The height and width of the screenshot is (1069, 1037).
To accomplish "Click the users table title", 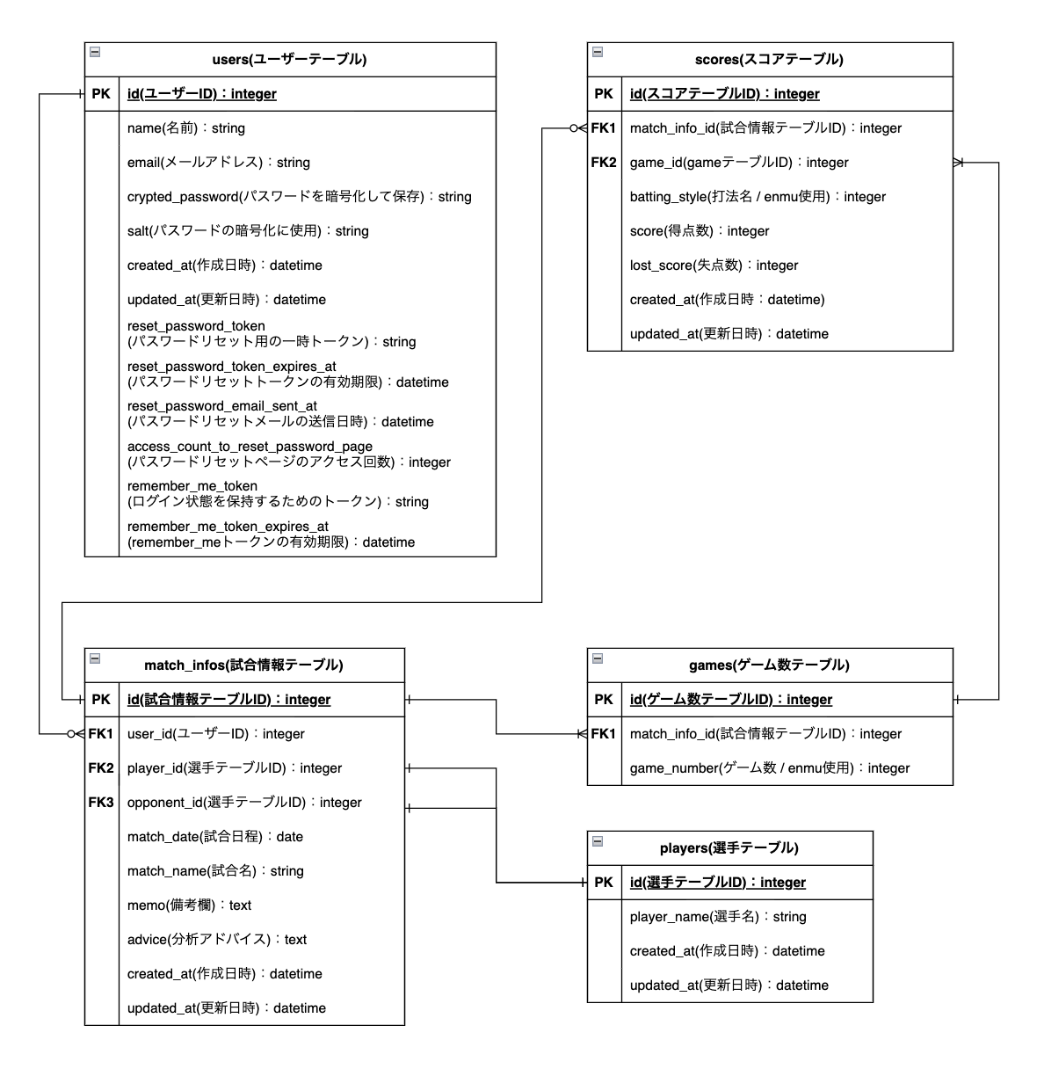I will [289, 60].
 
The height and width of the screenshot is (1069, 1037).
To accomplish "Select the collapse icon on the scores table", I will [598, 52].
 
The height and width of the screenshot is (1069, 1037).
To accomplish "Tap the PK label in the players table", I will [604, 882].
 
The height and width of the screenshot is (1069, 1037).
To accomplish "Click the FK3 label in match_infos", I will [101, 802].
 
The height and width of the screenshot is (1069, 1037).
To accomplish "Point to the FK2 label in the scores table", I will [604, 162].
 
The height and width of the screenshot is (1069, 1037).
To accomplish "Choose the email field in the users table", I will [219, 163].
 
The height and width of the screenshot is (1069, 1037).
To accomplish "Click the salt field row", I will [248, 231].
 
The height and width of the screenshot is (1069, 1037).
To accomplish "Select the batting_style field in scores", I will [758, 197].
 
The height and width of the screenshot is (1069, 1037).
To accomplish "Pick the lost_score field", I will [714, 265].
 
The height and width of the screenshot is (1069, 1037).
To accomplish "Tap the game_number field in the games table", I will [770, 768].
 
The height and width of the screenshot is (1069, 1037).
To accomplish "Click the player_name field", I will [718, 917].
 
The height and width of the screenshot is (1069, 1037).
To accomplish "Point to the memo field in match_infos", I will [189, 905].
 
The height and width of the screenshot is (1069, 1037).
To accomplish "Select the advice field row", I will [217, 940].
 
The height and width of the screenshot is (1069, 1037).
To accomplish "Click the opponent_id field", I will [244, 803].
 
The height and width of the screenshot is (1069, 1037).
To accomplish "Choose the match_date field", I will [215, 837].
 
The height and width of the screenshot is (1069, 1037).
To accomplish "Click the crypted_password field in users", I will [299, 197].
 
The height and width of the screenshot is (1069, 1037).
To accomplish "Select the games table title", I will [769, 665].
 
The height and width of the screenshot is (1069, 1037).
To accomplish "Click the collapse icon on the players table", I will [598, 841].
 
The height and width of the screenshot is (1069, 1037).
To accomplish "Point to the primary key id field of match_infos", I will [228, 700].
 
